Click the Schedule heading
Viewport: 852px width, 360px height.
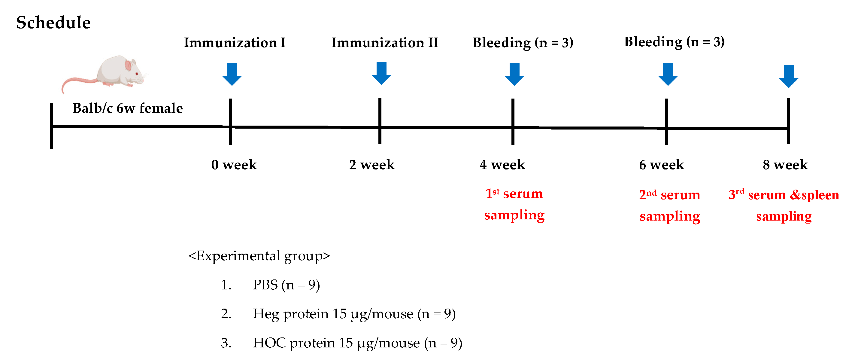pos(53,23)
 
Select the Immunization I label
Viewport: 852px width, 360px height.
pos(235,43)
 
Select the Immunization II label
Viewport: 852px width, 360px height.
pos(385,43)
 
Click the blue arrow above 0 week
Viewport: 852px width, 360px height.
pos(232,74)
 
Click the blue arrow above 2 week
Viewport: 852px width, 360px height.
pos(381,73)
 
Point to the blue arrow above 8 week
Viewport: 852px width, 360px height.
pos(789,76)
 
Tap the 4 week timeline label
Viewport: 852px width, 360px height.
pos(502,164)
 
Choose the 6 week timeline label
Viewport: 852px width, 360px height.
pos(661,164)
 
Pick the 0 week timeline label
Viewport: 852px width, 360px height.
pos(234,164)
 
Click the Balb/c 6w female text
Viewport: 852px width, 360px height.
pos(127,108)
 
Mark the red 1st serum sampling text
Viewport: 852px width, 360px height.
pos(514,204)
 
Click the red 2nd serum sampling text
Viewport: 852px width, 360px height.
pos(669,205)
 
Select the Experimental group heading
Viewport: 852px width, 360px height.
pos(259,256)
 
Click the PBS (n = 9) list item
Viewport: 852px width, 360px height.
pos(286,285)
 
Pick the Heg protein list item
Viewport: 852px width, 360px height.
pos(354,314)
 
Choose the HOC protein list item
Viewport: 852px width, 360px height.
pos(357,343)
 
